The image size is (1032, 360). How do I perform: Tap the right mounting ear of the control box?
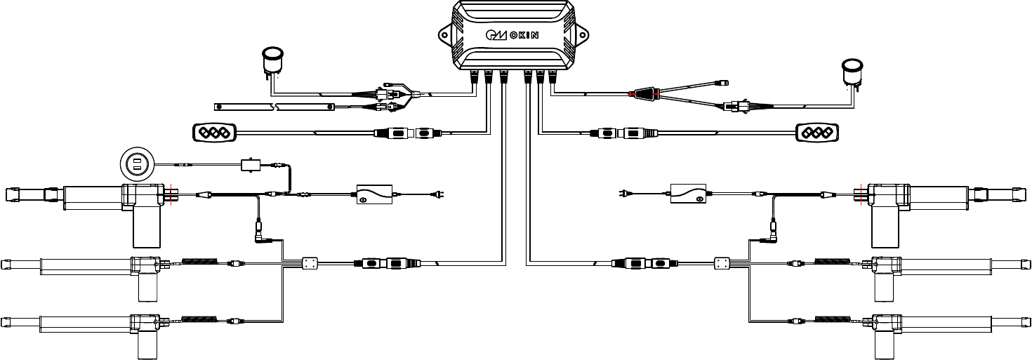coord(582,32)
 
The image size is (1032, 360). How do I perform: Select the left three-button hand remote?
coord(216,132)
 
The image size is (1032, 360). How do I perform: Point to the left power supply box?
coord(373,194)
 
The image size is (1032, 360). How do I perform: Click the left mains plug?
coord(438,194)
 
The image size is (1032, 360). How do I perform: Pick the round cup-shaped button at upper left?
coord(272,59)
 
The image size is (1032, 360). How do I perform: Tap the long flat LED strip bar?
coord(274,107)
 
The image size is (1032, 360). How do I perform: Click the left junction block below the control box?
coord(310,264)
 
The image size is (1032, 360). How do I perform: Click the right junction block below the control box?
coord(722,264)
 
